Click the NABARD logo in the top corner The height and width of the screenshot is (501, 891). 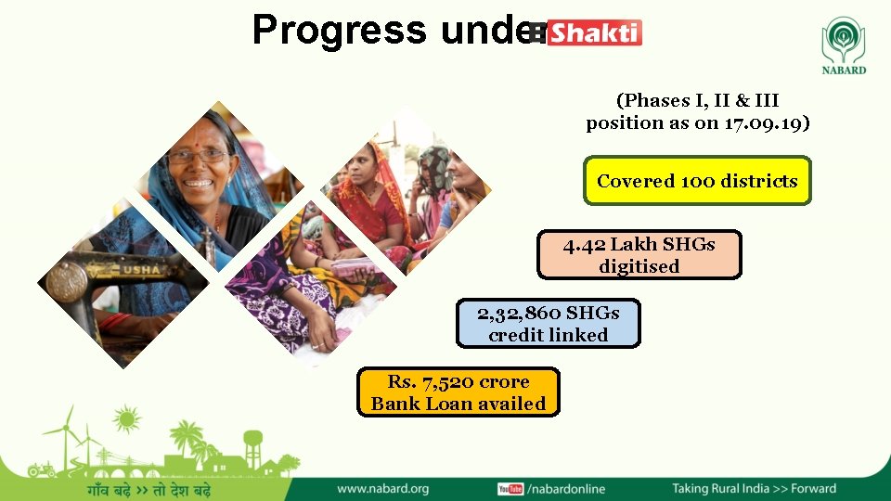pyautogui.click(x=843, y=46)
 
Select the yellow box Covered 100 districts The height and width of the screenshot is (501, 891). pyautogui.click(x=697, y=181)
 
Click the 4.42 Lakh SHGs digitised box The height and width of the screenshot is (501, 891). pyautogui.click(x=639, y=255)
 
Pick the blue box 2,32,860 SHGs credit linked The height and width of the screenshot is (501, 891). pyautogui.click(x=548, y=324)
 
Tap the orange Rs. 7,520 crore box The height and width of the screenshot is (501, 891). pyautogui.click(x=458, y=392)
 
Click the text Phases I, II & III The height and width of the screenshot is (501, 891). pyautogui.click(x=697, y=100)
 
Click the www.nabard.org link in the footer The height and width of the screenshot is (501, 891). pyautogui.click(x=382, y=488)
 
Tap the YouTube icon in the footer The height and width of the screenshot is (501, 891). pyautogui.click(x=510, y=489)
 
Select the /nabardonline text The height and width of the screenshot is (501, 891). pyautogui.click(x=565, y=489)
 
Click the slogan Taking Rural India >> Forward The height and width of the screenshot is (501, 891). pyautogui.click(x=754, y=488)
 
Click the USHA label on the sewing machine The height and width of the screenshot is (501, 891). pyautogui.click(x=138, y=270)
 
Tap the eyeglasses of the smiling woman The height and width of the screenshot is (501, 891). pyautogui.click(x=198, y=156)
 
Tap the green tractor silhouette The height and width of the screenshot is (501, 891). pyautogui.click(x=41, y=469)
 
